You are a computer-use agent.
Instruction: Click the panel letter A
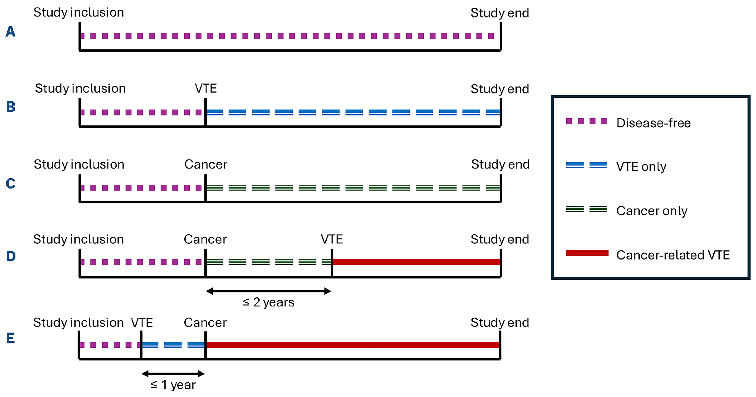(x=11, y=31)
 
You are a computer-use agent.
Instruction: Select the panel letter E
(x=11, y=338)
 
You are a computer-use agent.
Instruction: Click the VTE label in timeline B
(x=206, y=88)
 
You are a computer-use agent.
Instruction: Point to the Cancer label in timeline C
(x=206, y=164)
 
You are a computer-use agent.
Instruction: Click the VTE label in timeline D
(x=332, y=239)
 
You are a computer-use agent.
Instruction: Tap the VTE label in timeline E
(x=142, y=323)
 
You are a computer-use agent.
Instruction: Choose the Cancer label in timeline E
(x=205, y=323)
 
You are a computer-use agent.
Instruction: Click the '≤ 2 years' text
(x=268, y=302)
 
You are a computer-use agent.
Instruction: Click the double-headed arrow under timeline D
(x=268, y=291)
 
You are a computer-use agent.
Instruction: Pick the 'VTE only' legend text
(x=641, y=167)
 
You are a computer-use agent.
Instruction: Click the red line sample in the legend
(x=587, y=253)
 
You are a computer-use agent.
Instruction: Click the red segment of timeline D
(x=416, y=262)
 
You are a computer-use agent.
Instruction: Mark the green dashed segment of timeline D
(x=268, y=262)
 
